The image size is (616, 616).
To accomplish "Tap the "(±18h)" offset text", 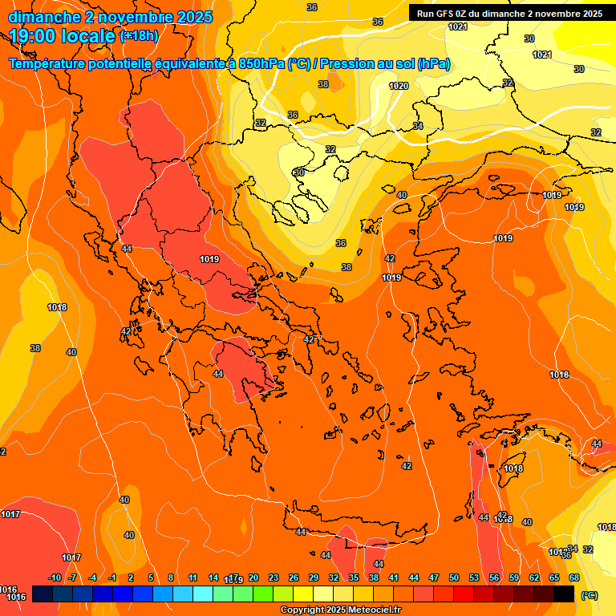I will pyautogui.click(x=138, y=35).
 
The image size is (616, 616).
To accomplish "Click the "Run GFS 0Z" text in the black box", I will pyautogui.click(x=448, y=14).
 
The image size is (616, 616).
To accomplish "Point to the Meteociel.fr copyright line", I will pyautogui.click(x=341, y=610).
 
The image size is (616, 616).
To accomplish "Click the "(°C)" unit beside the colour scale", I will pyautogui.click(x=589, y=594).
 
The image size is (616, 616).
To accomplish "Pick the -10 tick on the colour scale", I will pyautogui.click(x=55, y=577).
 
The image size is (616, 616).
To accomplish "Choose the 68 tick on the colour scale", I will pyautogui.click(x=574, y=577).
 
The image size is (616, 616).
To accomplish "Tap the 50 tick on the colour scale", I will pyautogui.click(x=454, y=577).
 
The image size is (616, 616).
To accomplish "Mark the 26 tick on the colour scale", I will pyautogui.click(x=294, y=577).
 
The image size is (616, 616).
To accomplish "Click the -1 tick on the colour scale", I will pyautogui.click(x=112, y=577).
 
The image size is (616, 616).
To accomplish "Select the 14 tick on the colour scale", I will pyautogui.click(x=213, y=577).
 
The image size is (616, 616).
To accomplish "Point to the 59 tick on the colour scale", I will pyautogui.click(x=514, y=577).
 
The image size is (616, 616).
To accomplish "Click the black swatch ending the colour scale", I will pyautogui.click(x=564, y=594).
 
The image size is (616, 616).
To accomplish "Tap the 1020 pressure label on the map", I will pyautogui.click(x=399, y=86).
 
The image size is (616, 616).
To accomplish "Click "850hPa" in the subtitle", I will pyautogui.click(x=261, y=63).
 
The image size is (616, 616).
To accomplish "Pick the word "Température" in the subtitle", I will pyautogui.click(x=47, y=63).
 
